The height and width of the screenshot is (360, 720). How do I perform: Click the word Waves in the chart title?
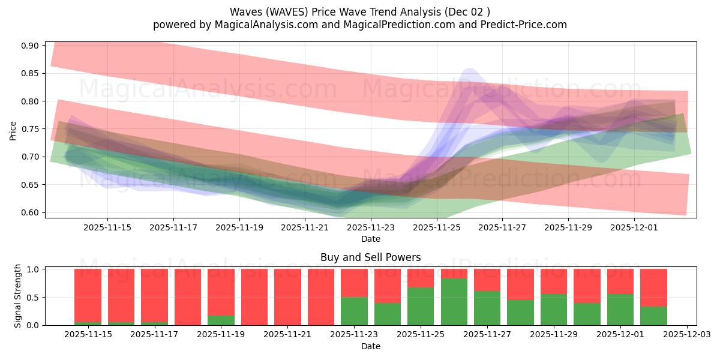click(243, 12)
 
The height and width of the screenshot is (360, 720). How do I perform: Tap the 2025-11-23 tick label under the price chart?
click(371, 227)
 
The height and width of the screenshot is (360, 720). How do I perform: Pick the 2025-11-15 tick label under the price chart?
click(107, 227)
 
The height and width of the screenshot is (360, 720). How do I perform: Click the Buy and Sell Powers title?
click(370, 257)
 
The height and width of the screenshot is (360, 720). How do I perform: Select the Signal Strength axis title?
click(18, 296)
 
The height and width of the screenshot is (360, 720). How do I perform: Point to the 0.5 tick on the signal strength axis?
click(34, 297)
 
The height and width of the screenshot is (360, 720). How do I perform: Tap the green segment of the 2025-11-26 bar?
click(454, 302)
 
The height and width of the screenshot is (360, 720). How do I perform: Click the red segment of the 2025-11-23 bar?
click(354, 283)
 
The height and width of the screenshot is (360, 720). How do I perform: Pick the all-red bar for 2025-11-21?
click(287, 297)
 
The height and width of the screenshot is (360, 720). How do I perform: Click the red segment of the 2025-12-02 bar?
click(653, 287)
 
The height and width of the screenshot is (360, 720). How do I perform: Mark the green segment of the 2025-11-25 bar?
click(421, 306)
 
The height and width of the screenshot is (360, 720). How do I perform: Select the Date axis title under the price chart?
click(370, 239)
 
